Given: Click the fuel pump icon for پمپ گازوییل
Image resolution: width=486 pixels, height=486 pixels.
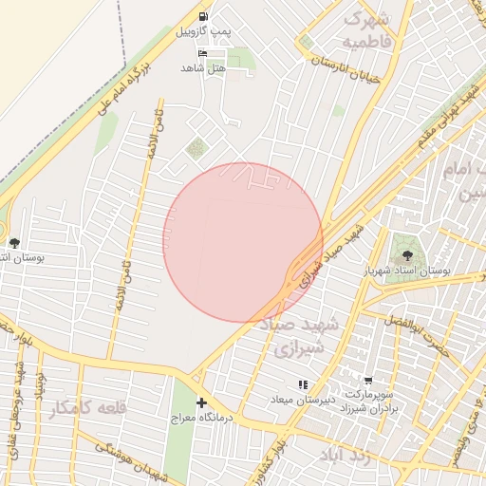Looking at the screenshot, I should (x=204, y=17).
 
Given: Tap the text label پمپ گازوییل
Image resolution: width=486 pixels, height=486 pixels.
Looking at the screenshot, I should (x=203, y=32).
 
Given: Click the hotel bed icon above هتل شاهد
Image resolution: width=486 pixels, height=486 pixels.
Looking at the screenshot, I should (x=202, y=53).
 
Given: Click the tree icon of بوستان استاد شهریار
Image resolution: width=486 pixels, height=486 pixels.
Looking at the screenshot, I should (x=407, y=254).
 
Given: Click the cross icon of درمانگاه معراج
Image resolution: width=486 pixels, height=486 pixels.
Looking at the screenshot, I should (x=200, y=402).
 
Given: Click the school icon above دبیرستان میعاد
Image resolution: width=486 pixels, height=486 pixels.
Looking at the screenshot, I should (x=302, y=384).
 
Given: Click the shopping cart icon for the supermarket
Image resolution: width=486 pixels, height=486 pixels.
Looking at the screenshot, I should (x=367, y=380).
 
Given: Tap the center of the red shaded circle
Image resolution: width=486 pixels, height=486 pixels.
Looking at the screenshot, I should (x=243, y=242).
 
